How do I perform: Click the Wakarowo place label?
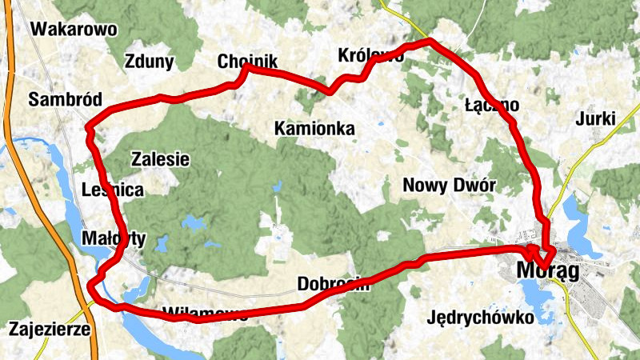tap(73, 30)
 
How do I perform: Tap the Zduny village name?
tap(150, 62)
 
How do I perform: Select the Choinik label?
tap(247, 62)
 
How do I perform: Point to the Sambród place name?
tap(65, 99)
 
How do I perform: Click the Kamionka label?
tap(314, 128)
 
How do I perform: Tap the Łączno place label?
tap(492, 105)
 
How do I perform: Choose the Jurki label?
tap(595, 119)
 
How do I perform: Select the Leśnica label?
tap(113, 190)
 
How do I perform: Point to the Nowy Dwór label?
tap(450, 186)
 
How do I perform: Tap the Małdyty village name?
tap(114, 238)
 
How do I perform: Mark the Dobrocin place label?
tap(333, 283)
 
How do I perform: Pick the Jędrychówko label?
tap(481, 317)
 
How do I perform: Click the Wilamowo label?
tap(204, 312)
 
